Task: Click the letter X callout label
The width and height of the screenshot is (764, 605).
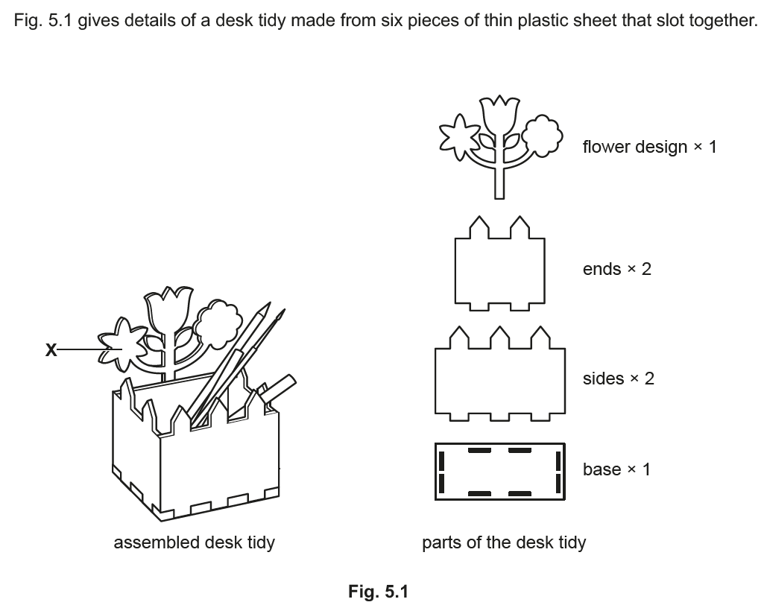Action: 50,349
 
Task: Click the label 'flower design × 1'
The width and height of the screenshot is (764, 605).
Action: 649,147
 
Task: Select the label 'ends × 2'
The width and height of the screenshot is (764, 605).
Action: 616,269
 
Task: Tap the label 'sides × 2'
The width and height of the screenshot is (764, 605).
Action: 618,378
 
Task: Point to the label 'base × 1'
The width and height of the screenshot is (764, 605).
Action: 616,469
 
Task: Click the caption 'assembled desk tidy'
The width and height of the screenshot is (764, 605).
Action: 194,542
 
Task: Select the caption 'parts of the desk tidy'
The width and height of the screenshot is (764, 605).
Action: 504,542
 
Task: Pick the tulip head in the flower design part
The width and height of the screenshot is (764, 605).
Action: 499,115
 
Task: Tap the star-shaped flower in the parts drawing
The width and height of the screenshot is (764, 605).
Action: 455,138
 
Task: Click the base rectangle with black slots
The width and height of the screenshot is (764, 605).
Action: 499,472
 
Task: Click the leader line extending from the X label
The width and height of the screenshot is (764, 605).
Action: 78,349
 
